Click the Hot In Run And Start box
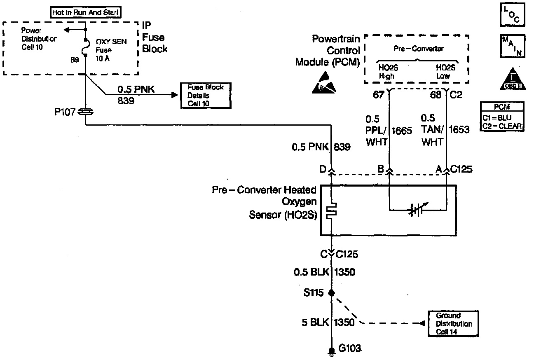85,13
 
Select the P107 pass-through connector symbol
86,112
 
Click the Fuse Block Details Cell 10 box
205,95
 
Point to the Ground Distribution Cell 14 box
454,323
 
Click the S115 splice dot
332,293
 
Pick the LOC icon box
511,15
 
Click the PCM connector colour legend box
502,117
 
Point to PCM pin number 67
378,95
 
